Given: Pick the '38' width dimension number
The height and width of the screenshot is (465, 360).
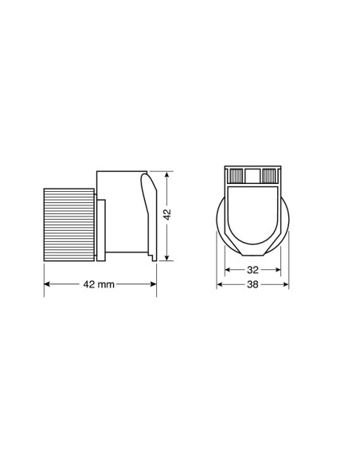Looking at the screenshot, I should pyautogui.click(x=251, y=284).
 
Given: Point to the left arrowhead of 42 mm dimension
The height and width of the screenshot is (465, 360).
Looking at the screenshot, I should pyautogui.click(x=46, y=284).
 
